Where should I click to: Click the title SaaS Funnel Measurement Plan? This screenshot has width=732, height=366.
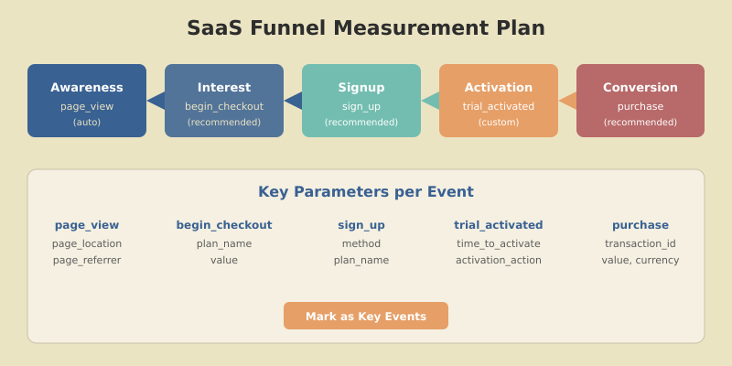366,28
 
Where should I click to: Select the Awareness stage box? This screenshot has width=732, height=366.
87,101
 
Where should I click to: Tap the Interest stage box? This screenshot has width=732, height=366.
224,101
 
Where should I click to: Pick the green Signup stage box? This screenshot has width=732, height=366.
361,101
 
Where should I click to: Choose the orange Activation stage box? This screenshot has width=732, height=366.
499,101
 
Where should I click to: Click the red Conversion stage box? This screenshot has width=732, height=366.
640,101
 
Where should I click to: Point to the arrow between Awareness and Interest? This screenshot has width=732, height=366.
156,101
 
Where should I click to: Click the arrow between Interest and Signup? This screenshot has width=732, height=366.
294,101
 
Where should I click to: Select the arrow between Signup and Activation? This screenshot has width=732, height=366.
431,101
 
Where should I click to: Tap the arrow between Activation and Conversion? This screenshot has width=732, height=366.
568,101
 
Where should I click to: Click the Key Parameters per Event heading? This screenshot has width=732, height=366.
366,192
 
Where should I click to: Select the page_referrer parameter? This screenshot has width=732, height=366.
87,260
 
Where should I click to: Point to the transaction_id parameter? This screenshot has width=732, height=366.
640,243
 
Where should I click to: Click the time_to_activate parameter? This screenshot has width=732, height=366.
499,243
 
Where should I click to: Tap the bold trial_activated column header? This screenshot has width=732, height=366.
499,225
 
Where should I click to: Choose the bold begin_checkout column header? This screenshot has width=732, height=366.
224,225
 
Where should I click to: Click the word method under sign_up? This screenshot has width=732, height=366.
361,243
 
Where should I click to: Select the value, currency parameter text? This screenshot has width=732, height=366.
640,260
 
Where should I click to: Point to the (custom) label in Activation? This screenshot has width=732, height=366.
499,123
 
